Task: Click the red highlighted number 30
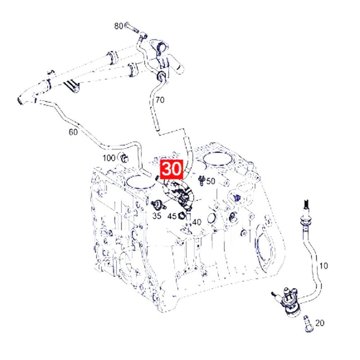(x=172, y=170)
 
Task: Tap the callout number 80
(x=118, y=26)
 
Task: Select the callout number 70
(x=160, y=100)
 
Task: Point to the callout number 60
(x=73, y=132)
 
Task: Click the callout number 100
(x=109, y=158)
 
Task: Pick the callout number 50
(x=211, y=181)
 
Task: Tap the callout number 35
(x=157, y=216)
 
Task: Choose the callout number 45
(x=172, y=216)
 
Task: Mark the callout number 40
(x=197, y=222)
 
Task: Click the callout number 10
(x=324, y=266)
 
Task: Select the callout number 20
(x=320, y=323)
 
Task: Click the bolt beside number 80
(x=131, y=27)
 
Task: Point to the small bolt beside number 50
(x=202, y=181)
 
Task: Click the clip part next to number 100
(x=124, y=158)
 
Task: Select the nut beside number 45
(x=181, y=216)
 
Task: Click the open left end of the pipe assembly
(x=20, y=100)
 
